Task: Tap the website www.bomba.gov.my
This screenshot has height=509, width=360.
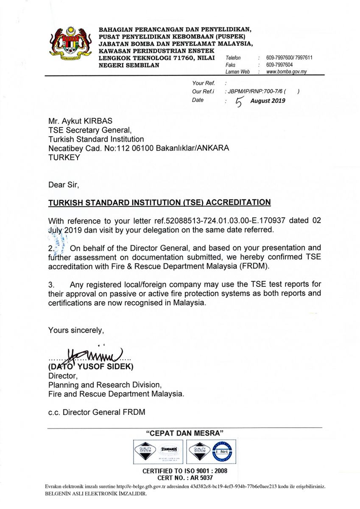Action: [x=286, y=72]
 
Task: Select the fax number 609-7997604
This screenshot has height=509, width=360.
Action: [x=279, y=65]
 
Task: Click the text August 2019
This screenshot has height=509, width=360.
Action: [x=268, y=101]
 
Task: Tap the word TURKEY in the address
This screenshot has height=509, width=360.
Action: [x=63, y=157]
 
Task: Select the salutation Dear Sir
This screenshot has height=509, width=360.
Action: [x=64, y=185]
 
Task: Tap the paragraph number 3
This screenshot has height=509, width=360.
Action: [x=51, y=284]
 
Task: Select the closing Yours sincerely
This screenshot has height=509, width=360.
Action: [x=76, y=330]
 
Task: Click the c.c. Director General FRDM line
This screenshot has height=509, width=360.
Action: [x=97, y=411]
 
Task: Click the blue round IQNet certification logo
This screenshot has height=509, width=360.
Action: [x=223, y=451]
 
